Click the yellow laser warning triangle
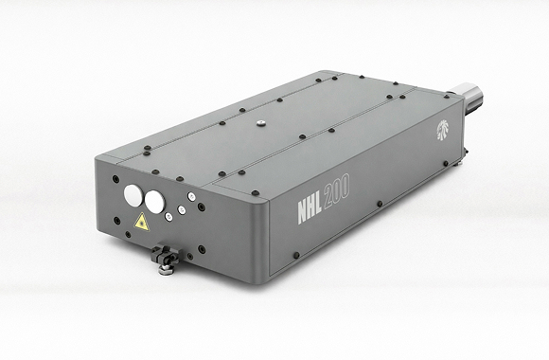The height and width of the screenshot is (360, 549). click(x=142, y=223)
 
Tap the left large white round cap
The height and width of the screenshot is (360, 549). click(x=133, y=195)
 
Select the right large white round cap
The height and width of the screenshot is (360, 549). click(x=154, y=202)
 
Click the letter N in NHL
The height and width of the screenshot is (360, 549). click(x=303, y=212)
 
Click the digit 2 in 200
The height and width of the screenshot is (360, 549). click(x=328, y=198)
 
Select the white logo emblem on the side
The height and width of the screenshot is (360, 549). click(x=443, y=130)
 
